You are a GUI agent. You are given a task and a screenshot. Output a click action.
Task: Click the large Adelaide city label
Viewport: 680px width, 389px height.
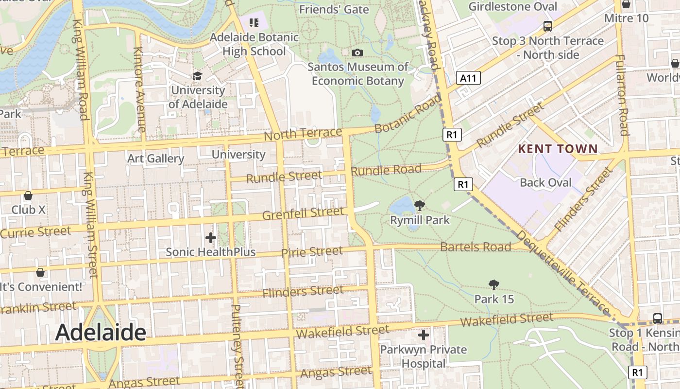[101, 333]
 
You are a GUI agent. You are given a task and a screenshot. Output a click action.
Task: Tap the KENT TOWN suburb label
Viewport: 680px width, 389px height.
[558, 149]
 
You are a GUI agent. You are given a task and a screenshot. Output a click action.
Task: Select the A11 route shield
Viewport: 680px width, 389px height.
[469, 78]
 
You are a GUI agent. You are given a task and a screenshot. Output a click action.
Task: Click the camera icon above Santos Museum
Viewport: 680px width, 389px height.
[357, 53]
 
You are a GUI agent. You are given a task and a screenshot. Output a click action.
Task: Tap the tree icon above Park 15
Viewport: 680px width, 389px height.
[494, 284]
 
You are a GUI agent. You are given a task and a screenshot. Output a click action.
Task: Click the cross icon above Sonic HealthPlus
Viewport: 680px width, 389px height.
[211, 238]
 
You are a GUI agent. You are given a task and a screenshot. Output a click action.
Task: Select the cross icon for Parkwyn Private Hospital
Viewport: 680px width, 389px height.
[424, 335]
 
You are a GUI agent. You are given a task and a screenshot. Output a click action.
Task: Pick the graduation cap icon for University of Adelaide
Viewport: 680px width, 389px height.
[197, 76]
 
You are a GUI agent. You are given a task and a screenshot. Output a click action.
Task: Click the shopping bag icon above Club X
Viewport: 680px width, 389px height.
[28, 195]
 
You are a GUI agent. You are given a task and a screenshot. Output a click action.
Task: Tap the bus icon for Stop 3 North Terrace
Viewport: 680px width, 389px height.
[548, 26]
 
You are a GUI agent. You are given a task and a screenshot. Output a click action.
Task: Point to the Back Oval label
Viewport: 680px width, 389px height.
[546, 183]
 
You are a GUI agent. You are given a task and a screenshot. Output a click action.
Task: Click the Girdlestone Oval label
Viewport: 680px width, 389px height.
[512, 6]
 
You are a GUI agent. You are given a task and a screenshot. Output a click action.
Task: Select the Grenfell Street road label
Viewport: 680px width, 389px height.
[303, 213]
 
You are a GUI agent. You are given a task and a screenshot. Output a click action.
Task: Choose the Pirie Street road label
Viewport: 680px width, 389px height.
[312, 252]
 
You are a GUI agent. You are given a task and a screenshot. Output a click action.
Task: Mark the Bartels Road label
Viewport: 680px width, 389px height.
[476, 247]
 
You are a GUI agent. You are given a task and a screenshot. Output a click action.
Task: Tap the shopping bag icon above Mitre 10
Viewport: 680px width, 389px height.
[626, 4]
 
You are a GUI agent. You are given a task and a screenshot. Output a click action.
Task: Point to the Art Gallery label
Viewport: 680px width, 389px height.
[155, 159]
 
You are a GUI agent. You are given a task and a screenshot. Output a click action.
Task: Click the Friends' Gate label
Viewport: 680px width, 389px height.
[334, 9]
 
